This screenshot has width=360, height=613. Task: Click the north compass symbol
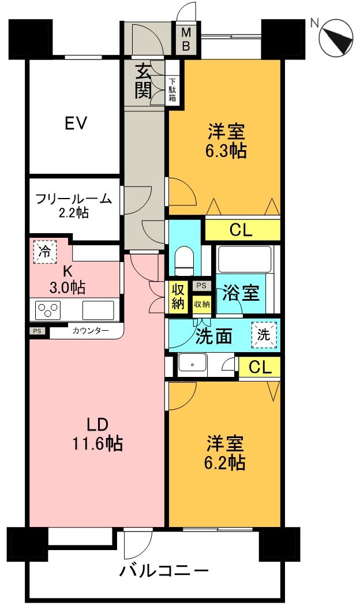[x=336, y=39]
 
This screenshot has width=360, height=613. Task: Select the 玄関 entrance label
[x=144, y=82]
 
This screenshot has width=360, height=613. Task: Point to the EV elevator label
[x=76, y=123]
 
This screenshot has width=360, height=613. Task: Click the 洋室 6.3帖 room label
[x=227, y=141]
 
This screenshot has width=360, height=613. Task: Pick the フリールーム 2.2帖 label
[x=73, y=205]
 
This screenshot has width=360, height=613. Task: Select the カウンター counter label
[x=86, y=331]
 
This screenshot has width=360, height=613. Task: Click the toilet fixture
[x=185, y=259]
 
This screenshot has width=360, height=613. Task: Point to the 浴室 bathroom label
[x=241, y=293]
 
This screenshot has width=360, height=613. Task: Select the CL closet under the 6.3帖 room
[x=241, y=230]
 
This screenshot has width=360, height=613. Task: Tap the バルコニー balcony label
[x=164, y=571]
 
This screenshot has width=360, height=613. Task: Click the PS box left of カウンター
[x=37, y=331]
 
